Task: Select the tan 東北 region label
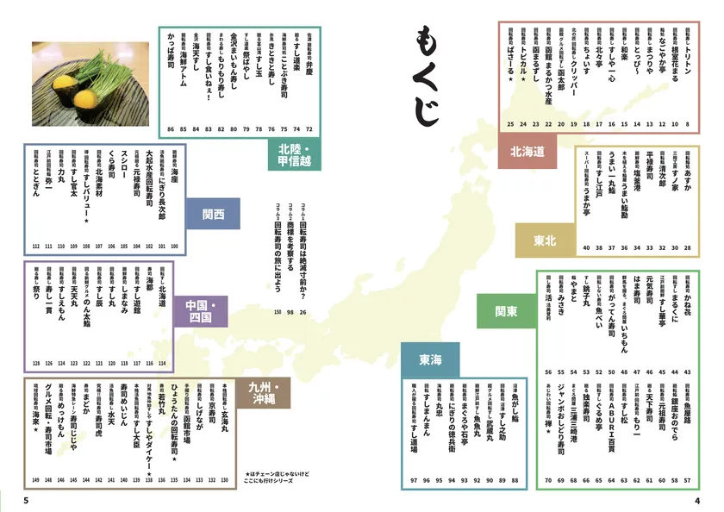545,240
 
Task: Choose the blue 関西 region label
214,213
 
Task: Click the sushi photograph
90,82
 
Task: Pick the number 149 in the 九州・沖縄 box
36,480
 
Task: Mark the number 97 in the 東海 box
414,480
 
